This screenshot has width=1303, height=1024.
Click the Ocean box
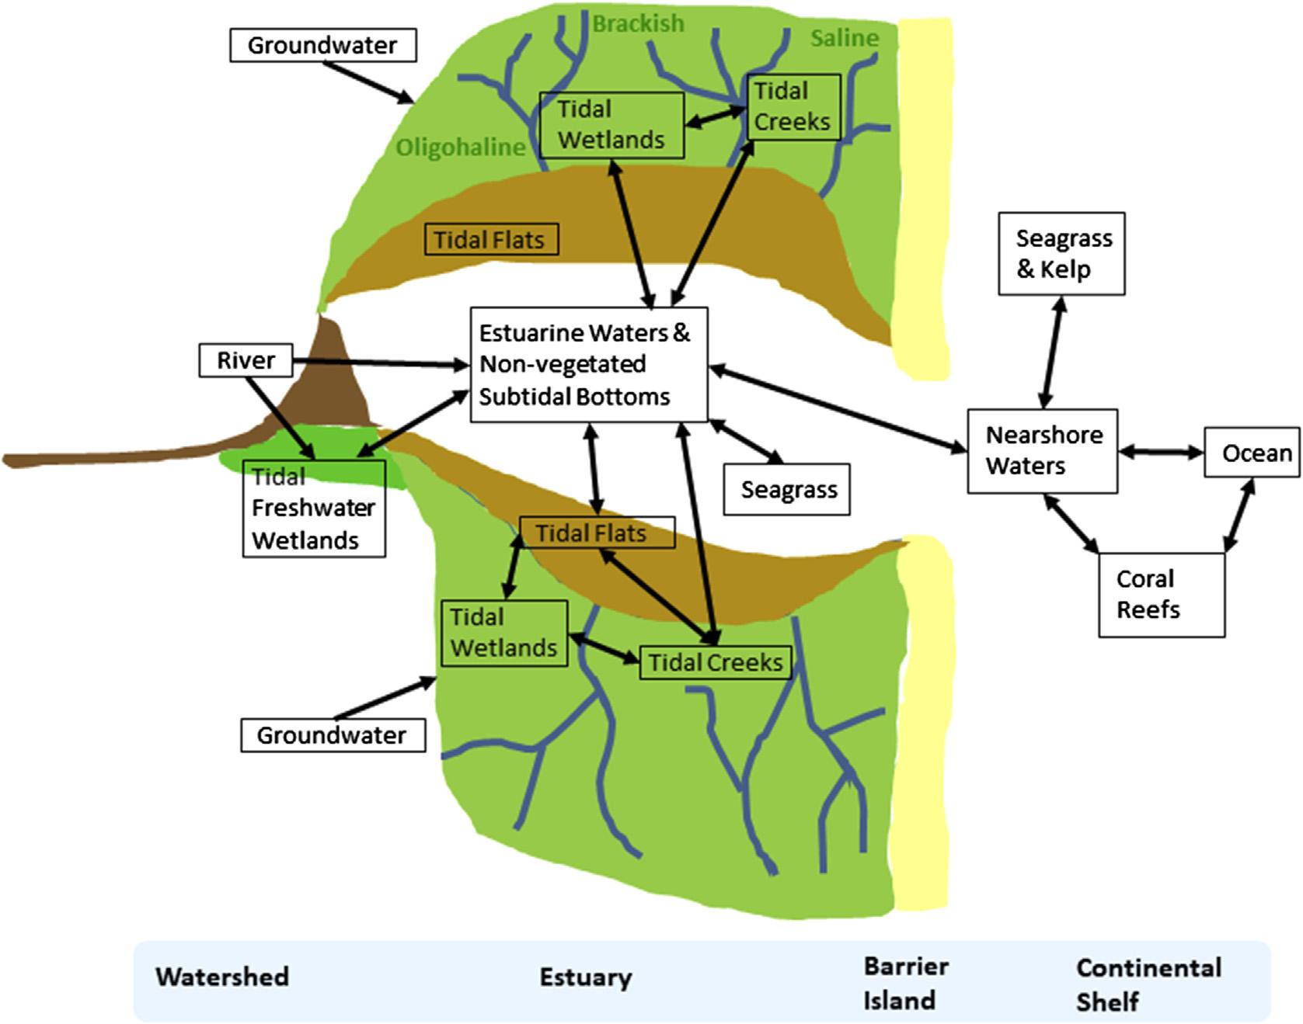coord(1252,452)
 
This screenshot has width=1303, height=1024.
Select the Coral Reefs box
coord(1162,595)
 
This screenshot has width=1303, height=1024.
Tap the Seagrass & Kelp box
coord(1061,254)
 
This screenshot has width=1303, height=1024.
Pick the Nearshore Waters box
coord(1043,451)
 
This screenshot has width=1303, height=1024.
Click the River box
coord(246,360)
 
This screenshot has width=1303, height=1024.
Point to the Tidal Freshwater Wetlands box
coord(314,509)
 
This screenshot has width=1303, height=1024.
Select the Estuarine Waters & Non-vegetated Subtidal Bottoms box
coord(589,365)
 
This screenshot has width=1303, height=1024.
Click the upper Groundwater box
coord(323,45)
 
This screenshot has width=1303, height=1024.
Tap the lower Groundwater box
coord(333,735)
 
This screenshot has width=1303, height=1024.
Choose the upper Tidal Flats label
coord(491,239)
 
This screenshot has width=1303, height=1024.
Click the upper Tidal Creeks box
coord(793,106)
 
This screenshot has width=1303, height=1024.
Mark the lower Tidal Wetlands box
coord(504,633)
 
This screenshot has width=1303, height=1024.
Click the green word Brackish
coord(639,24)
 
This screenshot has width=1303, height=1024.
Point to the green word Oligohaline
coord(461,147)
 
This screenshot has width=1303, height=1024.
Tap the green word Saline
coord(845,37)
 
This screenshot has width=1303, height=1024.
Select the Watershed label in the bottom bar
coord(222,976)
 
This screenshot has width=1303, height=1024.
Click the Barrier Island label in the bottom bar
coord(906,983)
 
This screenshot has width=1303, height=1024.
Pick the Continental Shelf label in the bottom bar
coord(1148,984)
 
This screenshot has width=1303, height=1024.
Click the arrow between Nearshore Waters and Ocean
coord(1161,451)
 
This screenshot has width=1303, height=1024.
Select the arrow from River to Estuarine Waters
coord(381,362)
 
